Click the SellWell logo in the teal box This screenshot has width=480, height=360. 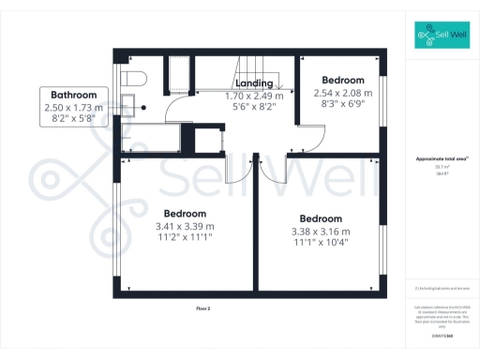(442, 37)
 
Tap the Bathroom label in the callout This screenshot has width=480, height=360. (75, 95)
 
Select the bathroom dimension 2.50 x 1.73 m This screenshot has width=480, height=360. (75, 108)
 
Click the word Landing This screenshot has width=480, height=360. (254, 83)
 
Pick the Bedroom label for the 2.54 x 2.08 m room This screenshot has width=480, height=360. (343, 81)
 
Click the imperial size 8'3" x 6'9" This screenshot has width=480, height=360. (343, 105)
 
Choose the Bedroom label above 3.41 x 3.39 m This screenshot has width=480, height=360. (184, 213)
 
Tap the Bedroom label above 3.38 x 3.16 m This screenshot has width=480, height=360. (320, 218)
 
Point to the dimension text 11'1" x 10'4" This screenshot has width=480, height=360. (320, 244)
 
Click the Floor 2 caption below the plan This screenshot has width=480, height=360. (204, 307)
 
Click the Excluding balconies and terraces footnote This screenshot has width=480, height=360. (441, 289)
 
